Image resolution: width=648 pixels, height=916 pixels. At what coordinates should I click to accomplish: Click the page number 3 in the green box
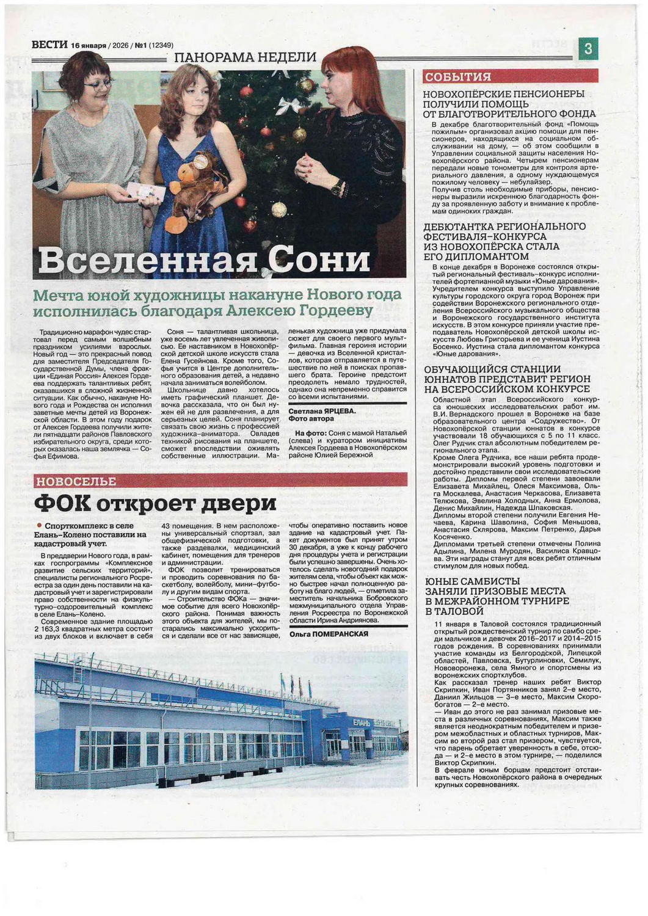[x=588, y=49]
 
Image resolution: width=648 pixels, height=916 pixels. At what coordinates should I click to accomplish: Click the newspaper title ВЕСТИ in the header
[x=49, y=45]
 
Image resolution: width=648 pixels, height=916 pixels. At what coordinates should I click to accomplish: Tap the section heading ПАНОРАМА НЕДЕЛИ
[x=245, y=57]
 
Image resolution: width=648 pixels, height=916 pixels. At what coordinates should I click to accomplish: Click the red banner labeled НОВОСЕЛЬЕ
[x=75, y=481]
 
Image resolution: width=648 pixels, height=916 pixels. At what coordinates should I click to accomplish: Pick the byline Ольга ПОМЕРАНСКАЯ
[x=329, y=634]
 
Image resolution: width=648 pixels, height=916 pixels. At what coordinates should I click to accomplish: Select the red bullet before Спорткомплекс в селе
[x=39, y=525]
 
